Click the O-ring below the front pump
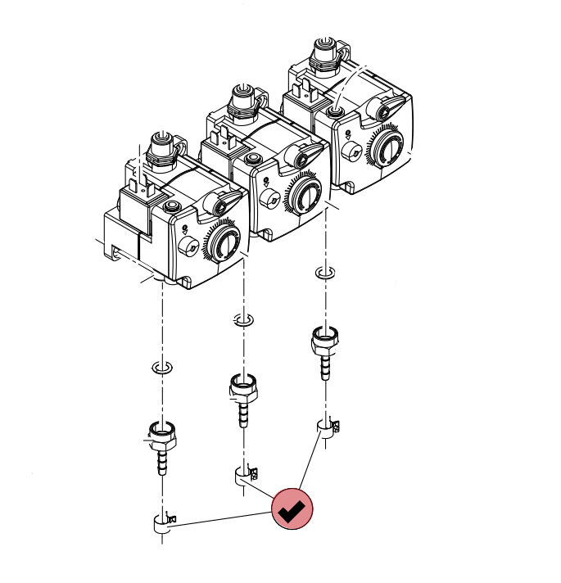[164, 368]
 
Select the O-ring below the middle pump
[242, 320]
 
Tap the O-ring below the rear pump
[324, 273]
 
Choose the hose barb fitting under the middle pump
[242, 394]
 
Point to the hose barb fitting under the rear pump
[323, 347]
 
